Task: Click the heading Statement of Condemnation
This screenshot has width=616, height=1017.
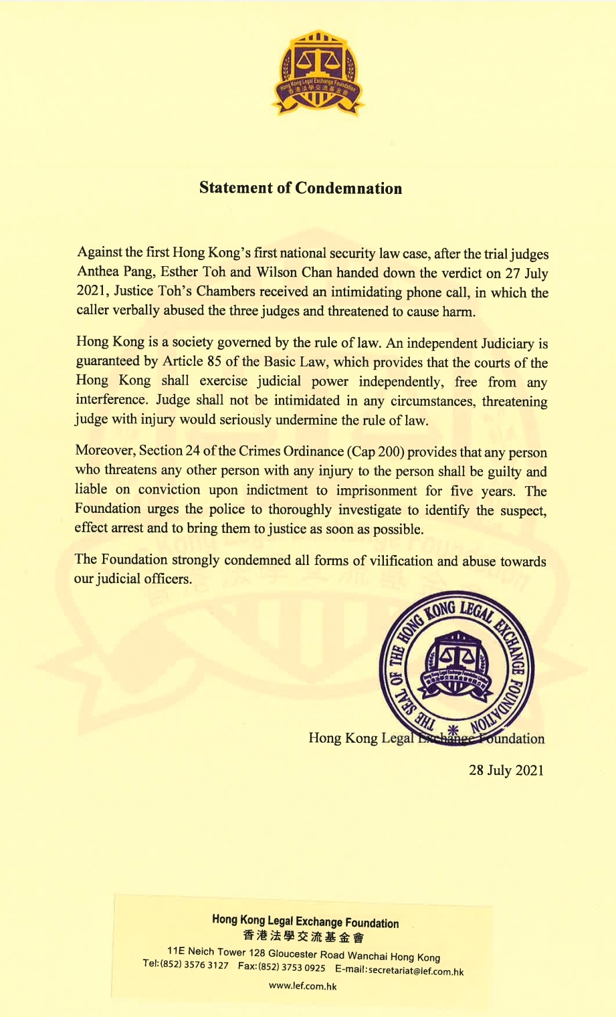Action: point(301,188)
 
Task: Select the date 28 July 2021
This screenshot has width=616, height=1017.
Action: point(506,770)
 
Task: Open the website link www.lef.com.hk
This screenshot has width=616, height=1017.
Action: point(302,986)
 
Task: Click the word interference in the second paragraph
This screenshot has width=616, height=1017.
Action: point(111,401)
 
